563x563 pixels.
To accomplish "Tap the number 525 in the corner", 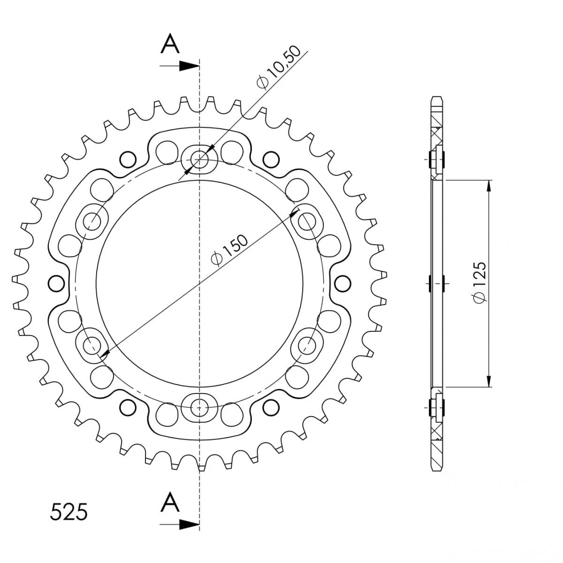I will click(x=68, y=512).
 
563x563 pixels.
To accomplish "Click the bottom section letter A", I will click(x=170, y=503).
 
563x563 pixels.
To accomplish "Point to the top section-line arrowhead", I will click(x=190, y=66).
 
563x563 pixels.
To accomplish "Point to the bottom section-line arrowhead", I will click(x=190, y=524).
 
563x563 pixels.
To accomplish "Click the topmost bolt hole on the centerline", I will click(x=200, y=160).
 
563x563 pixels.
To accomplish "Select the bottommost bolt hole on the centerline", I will click(x=200, y=407).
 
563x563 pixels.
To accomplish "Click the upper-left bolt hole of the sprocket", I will click(x=92, y=221).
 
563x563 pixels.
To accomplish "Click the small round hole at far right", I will click(x=343, y=283).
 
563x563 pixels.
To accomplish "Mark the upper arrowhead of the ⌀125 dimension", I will click(x=489, y=185).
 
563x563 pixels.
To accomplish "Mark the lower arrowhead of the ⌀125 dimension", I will click(x=489, y=381).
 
